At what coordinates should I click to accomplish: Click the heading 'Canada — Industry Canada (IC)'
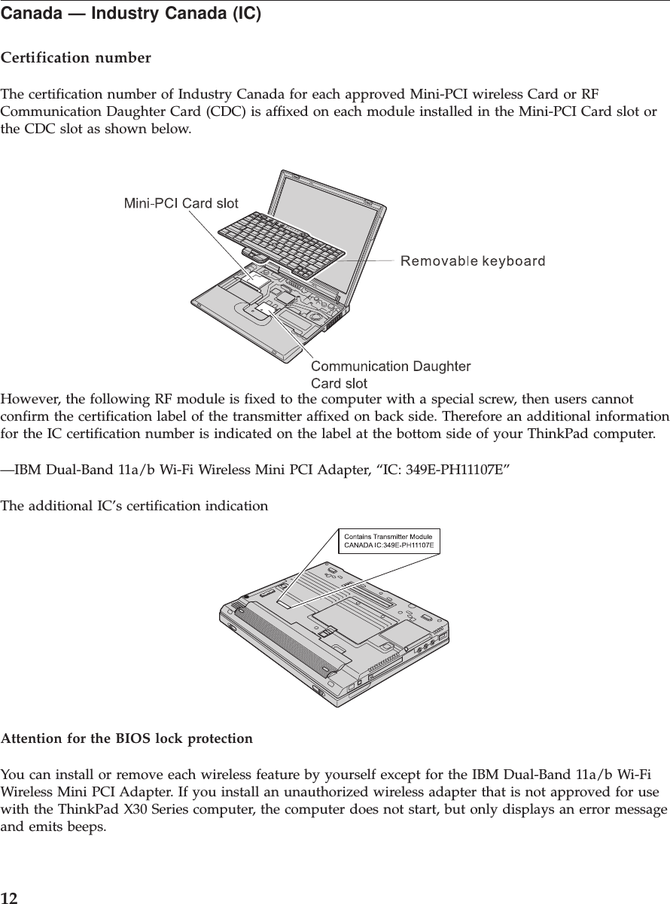pyautogui.click(x=131, y=14)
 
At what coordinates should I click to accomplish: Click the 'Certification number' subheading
pyautogui.click(x=75, y=58)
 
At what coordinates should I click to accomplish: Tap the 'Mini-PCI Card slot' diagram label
pyautogui.click(x=181, y=203)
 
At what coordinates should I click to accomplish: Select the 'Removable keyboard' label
pyautogui.click(x=472, y=261)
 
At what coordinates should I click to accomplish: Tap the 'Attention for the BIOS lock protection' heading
pyautogui.click(x=126, y=738)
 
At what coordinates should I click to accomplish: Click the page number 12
pyautogui.click(x=9, y=897)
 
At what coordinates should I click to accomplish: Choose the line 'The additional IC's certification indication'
pyautogui.click(x=134, y=506)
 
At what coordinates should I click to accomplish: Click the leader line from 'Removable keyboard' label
pyautogui.click(x=364, y=260)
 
